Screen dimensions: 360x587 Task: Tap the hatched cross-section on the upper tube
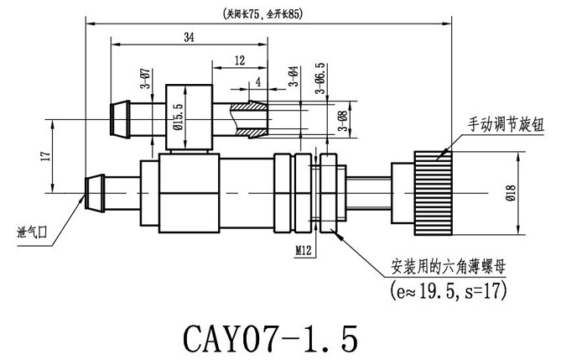point(248,120)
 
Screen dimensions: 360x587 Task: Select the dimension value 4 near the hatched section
point(257,81)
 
